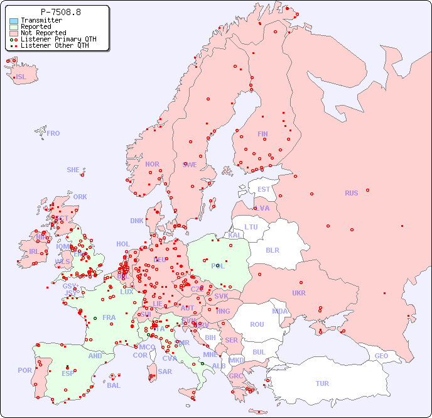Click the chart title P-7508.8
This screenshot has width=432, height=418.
pos(60,12)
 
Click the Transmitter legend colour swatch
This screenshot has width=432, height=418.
pos(14,21)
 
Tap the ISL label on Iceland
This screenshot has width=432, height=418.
pos(21,77)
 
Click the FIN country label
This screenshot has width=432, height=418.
pos(262,134)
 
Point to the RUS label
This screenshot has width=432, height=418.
pos(351,193)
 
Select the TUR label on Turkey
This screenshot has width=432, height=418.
pos(322,383)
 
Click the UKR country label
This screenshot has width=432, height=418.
pos(299,293)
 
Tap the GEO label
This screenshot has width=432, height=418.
pos(381,356)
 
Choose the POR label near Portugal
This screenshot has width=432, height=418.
pos(24,370)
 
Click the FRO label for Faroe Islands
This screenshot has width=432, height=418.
pos(53,133)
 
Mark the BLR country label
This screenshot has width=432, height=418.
pos(272,250)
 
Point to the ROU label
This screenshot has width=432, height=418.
pos(257,324)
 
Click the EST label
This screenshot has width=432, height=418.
pos(264,189)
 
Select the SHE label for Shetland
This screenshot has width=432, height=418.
pos(73,170)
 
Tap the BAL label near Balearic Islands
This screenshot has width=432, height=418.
pos(114,385)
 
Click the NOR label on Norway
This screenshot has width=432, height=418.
pos(152,164)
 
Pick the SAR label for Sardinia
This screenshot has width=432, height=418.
pos(165,371)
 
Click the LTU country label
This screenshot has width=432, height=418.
pos(251,227)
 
